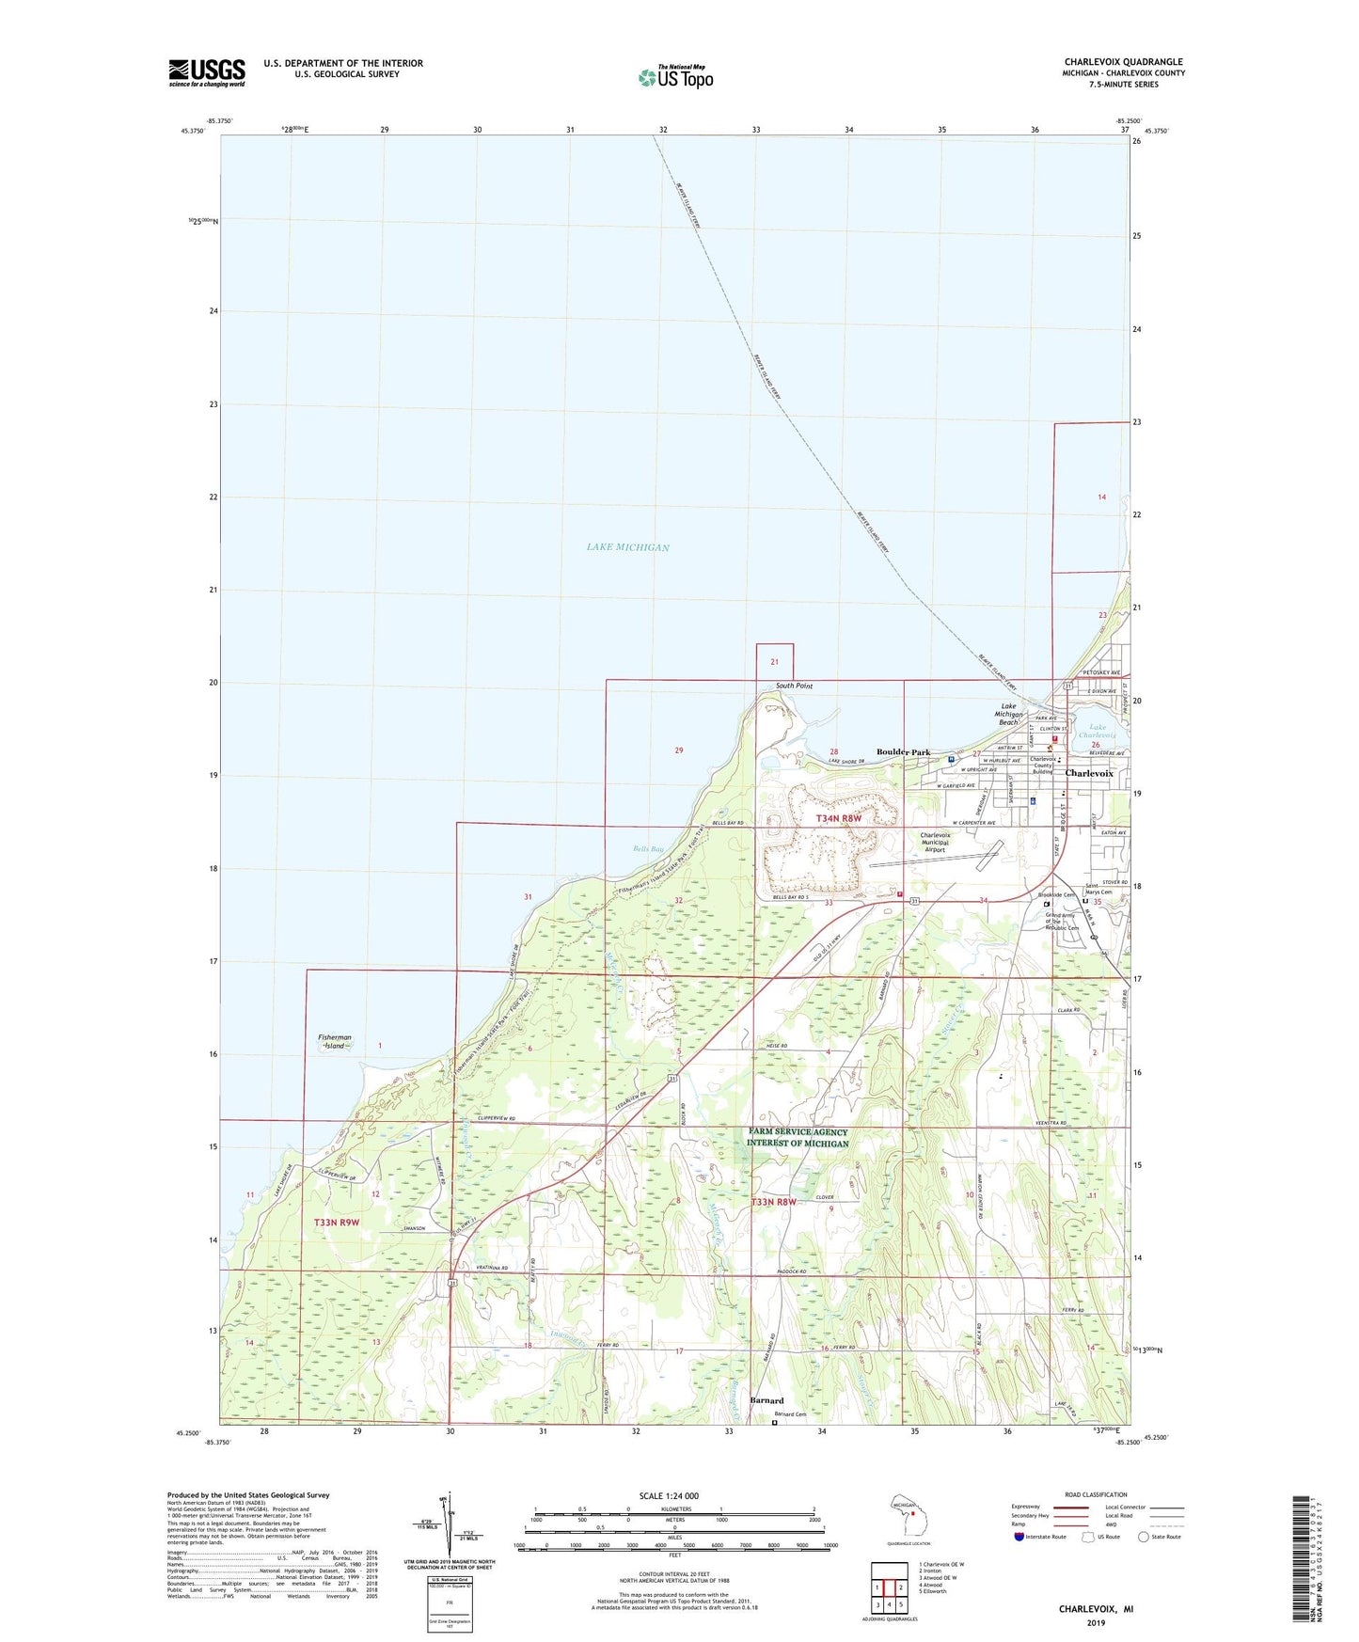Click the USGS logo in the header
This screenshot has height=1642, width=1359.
click(207, 72)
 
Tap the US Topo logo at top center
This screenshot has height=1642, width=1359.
click(675, 77)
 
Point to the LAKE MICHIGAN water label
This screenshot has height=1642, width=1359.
click(627, 547)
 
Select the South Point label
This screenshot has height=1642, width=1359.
click(794, 687)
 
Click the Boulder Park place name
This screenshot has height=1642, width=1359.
click(903, 752)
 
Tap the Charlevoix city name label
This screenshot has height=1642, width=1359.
click(1088, 773)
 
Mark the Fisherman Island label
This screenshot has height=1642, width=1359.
click(334, 1041)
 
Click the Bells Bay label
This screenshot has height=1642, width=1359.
click(648, 849)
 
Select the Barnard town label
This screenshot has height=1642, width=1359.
click(766, 1400)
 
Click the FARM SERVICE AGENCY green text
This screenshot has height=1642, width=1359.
click(798, 1132)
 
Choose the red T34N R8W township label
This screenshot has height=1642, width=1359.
click(838, 819)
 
